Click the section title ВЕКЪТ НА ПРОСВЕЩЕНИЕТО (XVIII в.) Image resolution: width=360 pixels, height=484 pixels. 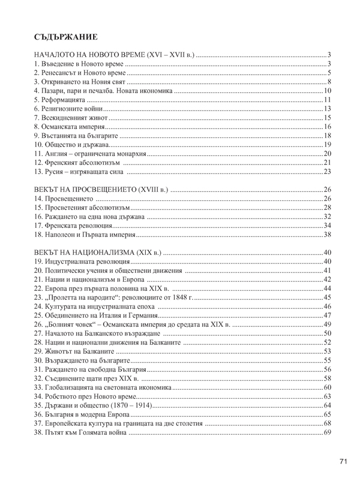tap(101, 190)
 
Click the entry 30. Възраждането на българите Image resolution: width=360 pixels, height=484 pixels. tap(81, 360)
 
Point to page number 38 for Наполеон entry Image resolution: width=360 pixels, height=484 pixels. tap(328, 235)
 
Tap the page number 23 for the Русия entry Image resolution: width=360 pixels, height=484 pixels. tap(328, 172)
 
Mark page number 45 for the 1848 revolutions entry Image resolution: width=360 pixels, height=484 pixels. tap(328, 297)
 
